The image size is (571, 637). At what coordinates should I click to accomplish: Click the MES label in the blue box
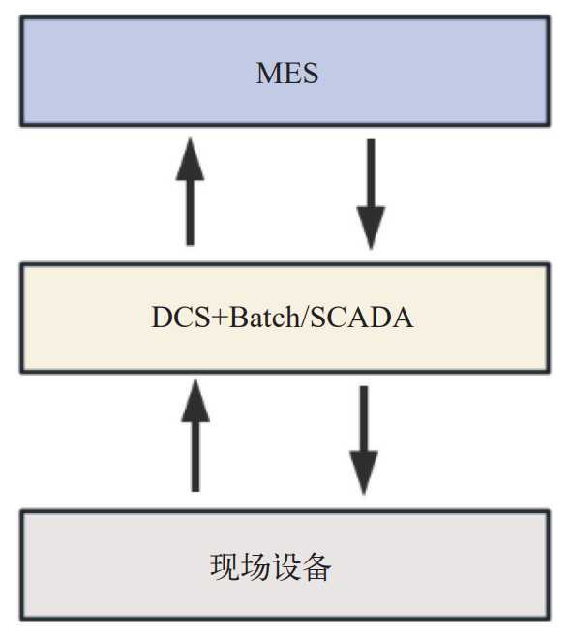(287, 74)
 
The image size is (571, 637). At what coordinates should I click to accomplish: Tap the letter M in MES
(269, 74)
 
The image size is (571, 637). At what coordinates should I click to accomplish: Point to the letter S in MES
(311, 74)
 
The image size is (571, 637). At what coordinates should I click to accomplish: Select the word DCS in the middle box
(180, 317)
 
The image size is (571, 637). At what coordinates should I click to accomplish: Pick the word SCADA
(362, 317)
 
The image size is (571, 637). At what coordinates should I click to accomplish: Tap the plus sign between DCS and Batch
(220, 318)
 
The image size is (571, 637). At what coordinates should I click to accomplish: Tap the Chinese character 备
(316, 566)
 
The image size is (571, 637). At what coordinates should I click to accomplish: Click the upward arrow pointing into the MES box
(190, 192)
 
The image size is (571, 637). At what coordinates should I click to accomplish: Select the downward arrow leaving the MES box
(371, 195)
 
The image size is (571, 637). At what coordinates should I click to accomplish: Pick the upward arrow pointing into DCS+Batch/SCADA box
(195, 436)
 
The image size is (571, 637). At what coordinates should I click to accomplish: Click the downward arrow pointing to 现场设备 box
(364, 440)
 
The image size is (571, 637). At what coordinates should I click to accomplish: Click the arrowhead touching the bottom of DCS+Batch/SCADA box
(195, 401)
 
